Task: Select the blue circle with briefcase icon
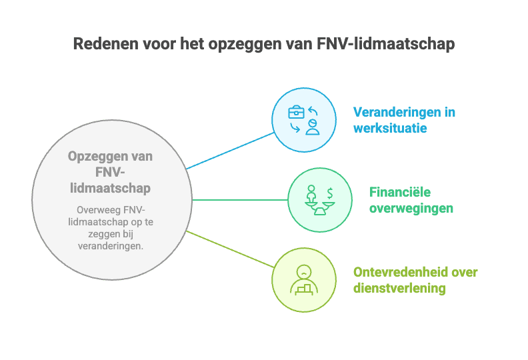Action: (303, 120)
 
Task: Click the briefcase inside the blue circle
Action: (296, 112)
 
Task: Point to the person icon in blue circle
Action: (311, 127)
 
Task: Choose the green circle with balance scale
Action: (319, 199)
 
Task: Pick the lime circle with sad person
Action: (303, 280)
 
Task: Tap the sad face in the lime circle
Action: (303, 272)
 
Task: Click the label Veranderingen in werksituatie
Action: (404, 119)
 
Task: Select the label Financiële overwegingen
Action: (411, 200)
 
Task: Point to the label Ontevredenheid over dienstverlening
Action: (415, 280)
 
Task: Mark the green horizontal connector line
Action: (240, 199)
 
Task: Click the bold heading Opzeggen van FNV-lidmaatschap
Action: (110, 172)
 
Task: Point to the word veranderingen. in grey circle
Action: (110, 246)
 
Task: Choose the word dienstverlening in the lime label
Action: (399, 288)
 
